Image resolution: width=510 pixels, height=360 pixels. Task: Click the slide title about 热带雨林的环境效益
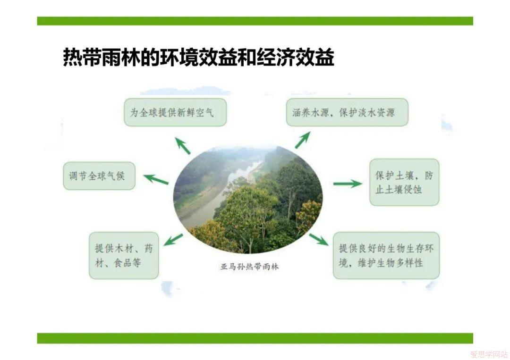(x=198, y=58)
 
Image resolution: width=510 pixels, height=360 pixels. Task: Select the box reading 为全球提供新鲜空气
(x=175, y=112)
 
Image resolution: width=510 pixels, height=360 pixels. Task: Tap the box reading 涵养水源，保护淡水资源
(x=347, y=112)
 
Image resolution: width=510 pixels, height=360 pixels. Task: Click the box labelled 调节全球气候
(x=99, y=176)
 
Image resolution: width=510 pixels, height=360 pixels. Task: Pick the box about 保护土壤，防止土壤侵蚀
(x=404, y=182)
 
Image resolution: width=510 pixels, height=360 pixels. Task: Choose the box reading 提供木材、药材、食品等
(x=124, y=255)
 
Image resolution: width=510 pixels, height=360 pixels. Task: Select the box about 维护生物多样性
(x=386, y=255)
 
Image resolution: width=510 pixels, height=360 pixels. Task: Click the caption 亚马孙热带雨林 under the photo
(x=249, y=267)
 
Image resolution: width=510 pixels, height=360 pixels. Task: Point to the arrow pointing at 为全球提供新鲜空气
(x=182, y=146)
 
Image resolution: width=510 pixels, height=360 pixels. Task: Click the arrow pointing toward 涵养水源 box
(x=303, y=140)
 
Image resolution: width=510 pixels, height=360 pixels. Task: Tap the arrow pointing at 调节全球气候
(x=156, y=179)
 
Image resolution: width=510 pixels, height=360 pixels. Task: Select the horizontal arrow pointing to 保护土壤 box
(x=348, y=184)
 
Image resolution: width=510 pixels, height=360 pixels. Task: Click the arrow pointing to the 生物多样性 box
(x=319, y=240)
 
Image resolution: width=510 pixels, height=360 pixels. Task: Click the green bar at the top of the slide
(x=255, y=21)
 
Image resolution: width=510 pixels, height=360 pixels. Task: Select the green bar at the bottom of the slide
(x=255, y=338)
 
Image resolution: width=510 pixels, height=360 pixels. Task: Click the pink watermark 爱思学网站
(x=489, y=354)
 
